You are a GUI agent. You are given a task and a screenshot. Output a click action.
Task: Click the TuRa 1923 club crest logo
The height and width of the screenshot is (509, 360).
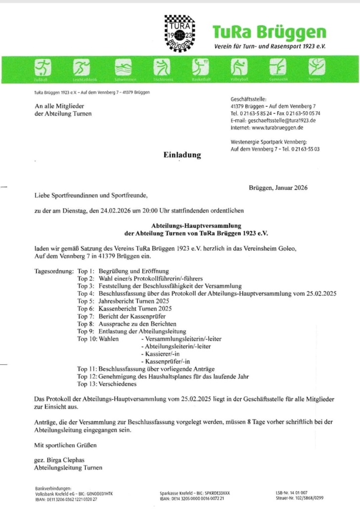click(180, 33)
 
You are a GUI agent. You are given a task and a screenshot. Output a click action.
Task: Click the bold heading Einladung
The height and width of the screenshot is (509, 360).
click(182, 155)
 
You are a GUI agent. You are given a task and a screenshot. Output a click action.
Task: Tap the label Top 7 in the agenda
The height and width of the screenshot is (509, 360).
click(85, 316)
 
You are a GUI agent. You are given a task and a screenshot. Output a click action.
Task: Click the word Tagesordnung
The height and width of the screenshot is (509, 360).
click(54, 271)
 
